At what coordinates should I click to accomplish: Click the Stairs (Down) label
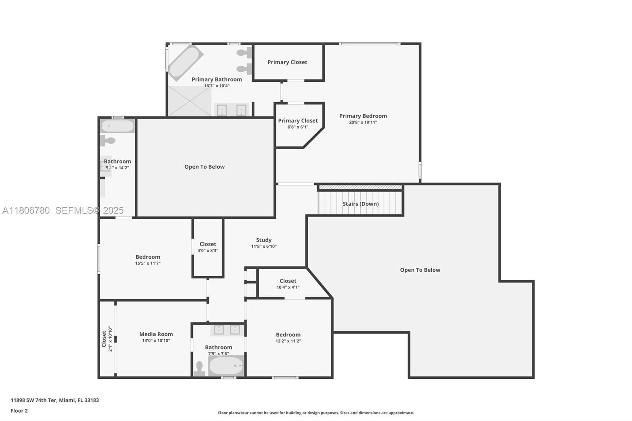coord(360,204)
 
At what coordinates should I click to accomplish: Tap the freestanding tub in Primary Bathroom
coord(185,62)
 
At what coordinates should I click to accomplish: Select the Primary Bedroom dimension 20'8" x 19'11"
coord(363,122)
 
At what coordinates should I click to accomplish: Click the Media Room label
coord(156,334)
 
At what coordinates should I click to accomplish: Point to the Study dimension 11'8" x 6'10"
coord(263,246)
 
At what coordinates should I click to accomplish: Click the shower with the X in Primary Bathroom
coord(190,101)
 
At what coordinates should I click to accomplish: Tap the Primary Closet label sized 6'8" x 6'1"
coord(297,121)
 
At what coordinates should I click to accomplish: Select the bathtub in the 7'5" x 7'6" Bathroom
coord(226,366)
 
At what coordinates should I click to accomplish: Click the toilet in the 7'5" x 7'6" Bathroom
coord(199,368)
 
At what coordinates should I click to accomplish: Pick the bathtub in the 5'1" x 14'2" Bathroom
coord(117,126)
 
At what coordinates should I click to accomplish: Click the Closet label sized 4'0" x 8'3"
coord(208,244)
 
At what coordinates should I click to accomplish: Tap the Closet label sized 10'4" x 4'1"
coord(288,281)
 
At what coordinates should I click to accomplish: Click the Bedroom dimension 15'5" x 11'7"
coord(148,263)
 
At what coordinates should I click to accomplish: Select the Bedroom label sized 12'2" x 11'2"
coord(288,335)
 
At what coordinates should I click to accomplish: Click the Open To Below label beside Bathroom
coord(204,167)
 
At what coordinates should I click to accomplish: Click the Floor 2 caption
coord(19,411)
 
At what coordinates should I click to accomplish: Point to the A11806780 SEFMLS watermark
coord(63,210)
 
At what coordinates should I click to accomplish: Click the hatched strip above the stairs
coord(360,187)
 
